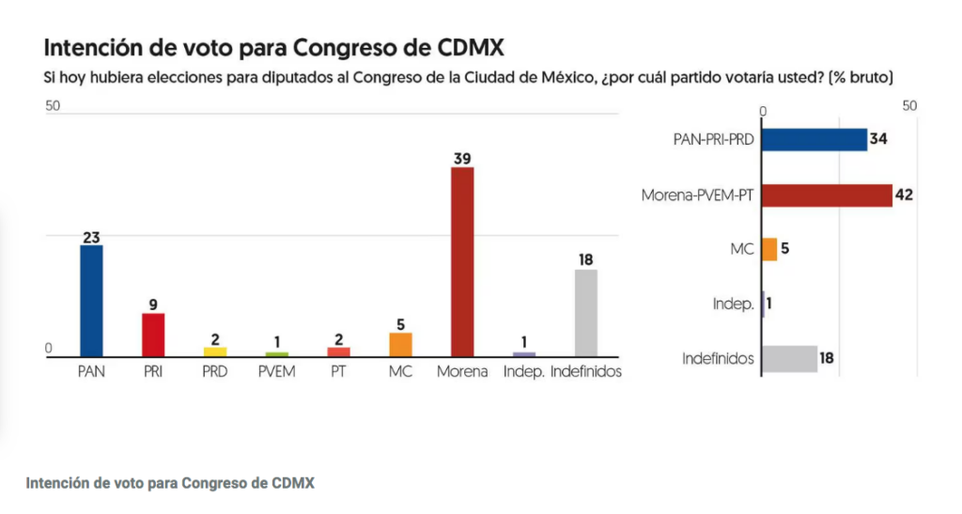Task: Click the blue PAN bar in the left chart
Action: tap(91, 301)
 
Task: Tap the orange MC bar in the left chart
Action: tap(400, 344)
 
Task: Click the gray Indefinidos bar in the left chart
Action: tap(586, 312)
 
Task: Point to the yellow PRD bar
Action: tap(215, 351)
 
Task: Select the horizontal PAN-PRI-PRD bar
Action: tap(814, 139)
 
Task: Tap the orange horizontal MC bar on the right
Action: tap(769, 250)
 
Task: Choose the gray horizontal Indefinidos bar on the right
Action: tap(789, 358)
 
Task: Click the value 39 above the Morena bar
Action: tap(462, 158)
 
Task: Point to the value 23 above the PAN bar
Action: tap(91, 237)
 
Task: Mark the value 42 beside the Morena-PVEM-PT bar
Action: tap(905, 195)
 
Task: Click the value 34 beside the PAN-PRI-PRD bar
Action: tap(878, 139)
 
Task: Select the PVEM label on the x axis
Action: tap(276, 371)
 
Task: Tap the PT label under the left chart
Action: tap(338, 371)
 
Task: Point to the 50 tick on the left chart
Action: tap(53, 106)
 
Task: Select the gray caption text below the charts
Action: tap(170, 483)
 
